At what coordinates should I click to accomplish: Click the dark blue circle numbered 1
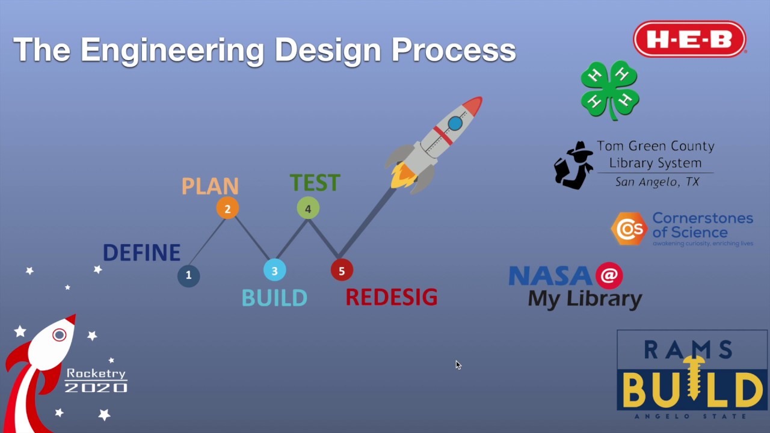pos(188,275)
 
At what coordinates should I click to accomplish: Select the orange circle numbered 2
pos(227,209)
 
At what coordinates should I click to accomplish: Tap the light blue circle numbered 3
pos(274,271)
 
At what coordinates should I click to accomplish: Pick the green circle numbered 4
pos(308,209)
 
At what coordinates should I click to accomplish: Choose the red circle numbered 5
pos(342,271)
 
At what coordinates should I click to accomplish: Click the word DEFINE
pos(141,253)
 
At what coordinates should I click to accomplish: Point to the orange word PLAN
pos(210,186)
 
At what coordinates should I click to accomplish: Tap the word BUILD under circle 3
pos(274,298)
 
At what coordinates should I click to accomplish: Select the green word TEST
pos(315,183)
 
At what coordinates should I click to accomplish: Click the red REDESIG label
pos(391,297)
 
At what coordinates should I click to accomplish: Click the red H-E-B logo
pos(689,40)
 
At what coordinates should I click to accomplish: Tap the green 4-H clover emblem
pos(609,89)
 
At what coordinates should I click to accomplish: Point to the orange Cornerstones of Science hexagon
pos(629,229)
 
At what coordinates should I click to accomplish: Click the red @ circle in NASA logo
pos(609,275)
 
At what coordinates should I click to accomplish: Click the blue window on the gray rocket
pos(455,124)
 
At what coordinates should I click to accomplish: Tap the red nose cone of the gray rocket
pos(473,105)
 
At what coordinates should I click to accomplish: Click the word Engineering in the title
pos(171,49)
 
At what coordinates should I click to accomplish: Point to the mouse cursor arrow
pos(458,364)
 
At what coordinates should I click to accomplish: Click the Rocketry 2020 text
pos(96,381)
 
